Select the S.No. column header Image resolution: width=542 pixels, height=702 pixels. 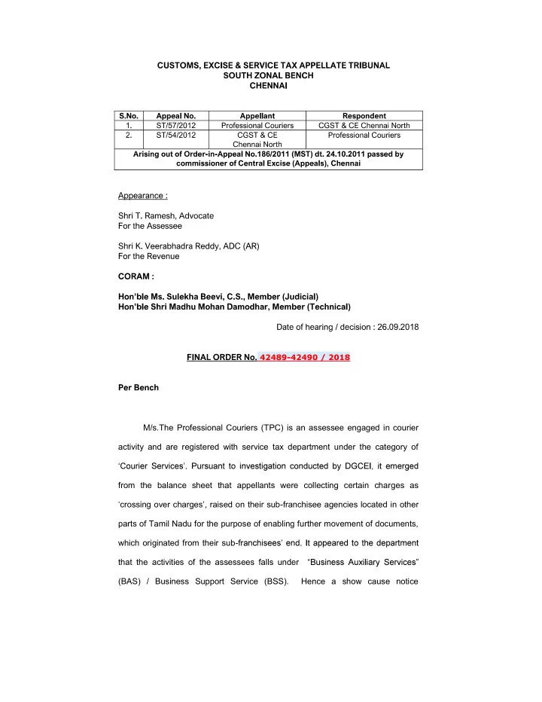(131, 116)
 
